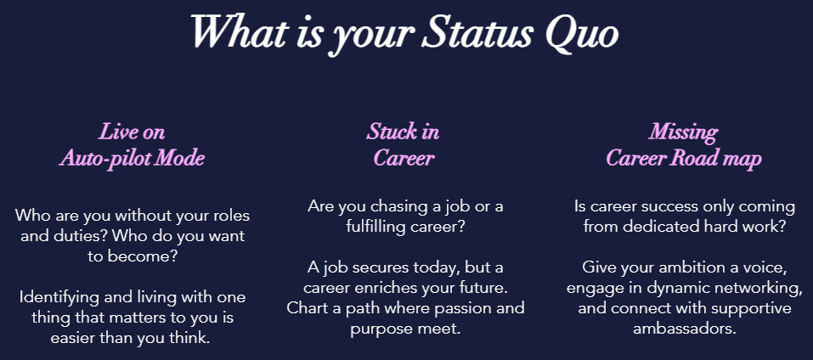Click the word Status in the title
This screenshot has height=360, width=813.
click(x=477, y=32)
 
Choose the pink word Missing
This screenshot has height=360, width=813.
click(x=683, y=133)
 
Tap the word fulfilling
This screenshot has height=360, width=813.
click(x=373, y=227)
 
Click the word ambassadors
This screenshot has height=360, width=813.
click(x=685, y=329)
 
